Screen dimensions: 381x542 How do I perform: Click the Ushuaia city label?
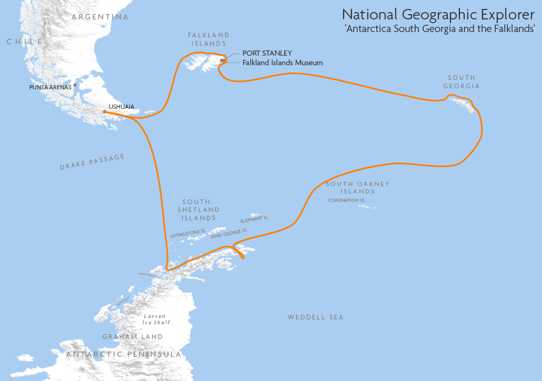[121, 107]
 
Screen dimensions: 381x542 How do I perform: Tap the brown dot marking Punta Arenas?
[75, 85]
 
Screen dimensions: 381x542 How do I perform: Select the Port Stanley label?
[267, 54]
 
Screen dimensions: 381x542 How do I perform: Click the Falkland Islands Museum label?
[283, 63]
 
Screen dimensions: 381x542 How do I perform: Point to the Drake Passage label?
[92, 162]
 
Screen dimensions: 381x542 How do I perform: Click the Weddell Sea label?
[315, 317]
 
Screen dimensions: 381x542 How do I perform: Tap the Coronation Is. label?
[346, 200]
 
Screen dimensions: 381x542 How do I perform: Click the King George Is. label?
[229, 233]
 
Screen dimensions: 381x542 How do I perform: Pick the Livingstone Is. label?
[188, 233]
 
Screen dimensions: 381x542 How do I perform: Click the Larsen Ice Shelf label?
[156, 319]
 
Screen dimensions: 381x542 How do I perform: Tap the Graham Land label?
[133, 337]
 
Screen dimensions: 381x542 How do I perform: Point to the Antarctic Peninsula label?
[124, 355]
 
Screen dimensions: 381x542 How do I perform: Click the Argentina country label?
[100, 17]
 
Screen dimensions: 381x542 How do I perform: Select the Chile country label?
[24, 42]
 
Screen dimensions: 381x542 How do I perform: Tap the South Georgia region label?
[461, 81]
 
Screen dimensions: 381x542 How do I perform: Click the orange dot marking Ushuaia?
[105, 111]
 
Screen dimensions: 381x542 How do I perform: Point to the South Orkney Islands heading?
[357, 188]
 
